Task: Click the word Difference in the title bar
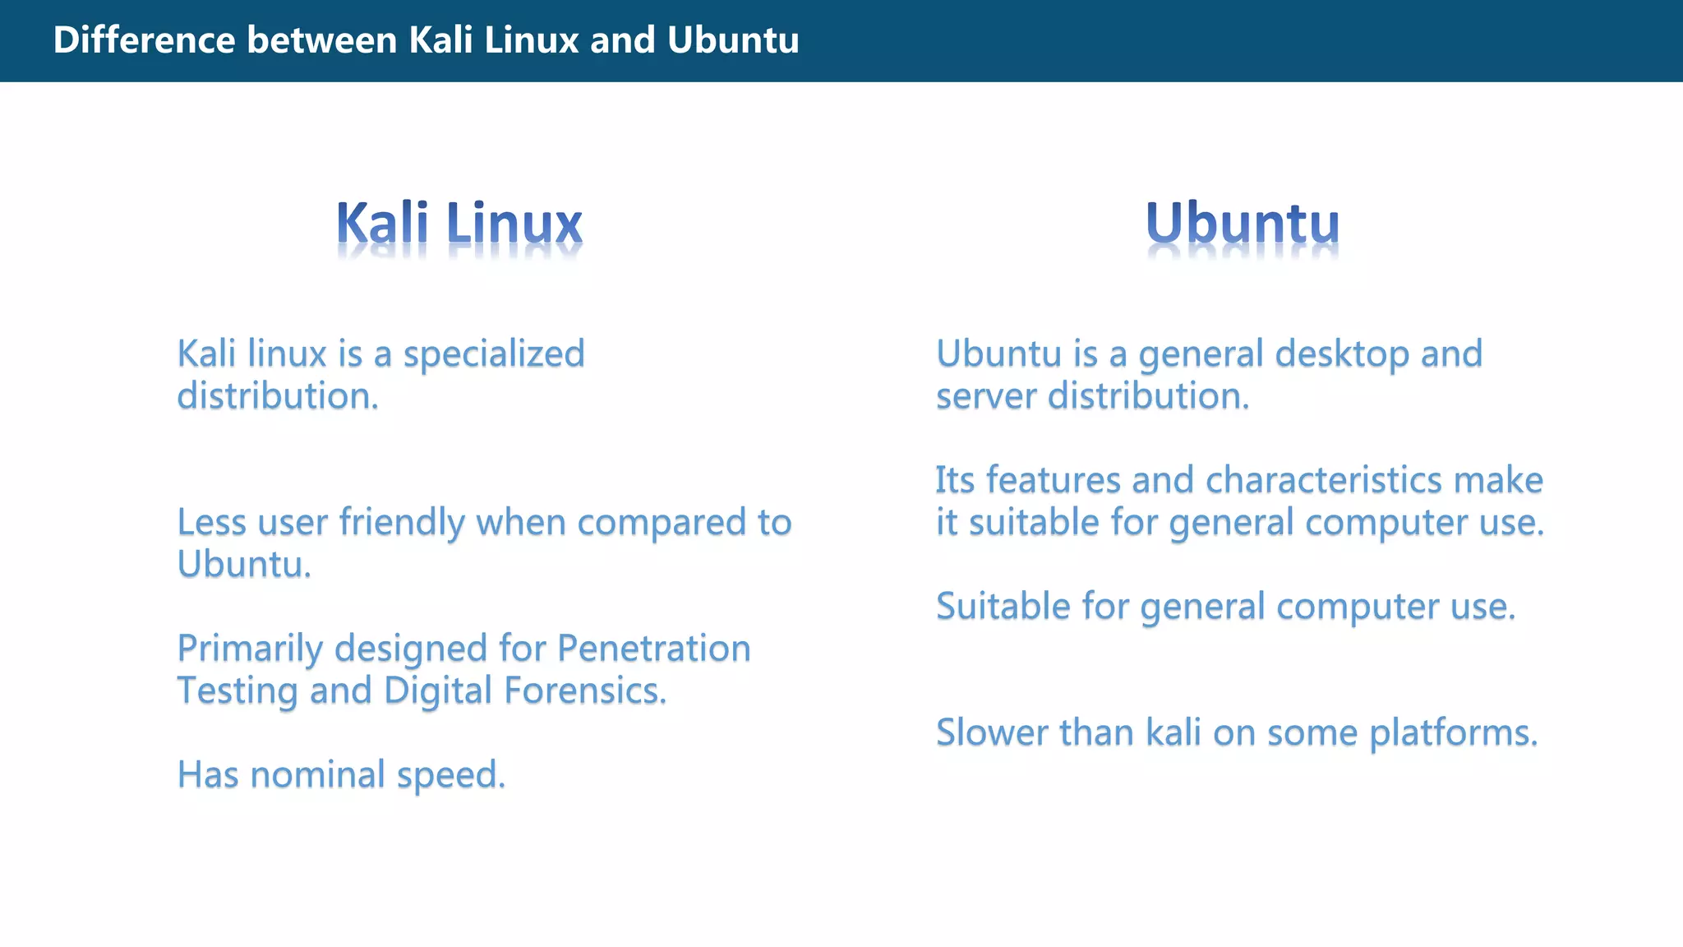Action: tap(144, 40)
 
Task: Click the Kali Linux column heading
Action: tap(459, 224)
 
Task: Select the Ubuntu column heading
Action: tap(1242, 224)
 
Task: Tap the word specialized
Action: tap(493, 354)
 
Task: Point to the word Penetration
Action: tap(653, 649)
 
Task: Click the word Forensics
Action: tap(584, 691)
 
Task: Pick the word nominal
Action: tap(317, 774)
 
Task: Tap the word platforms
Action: tap(1453, 732)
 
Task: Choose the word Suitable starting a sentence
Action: tap(1003, 607)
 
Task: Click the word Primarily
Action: tap(251, 649)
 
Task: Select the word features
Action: tap(1053, 480)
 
